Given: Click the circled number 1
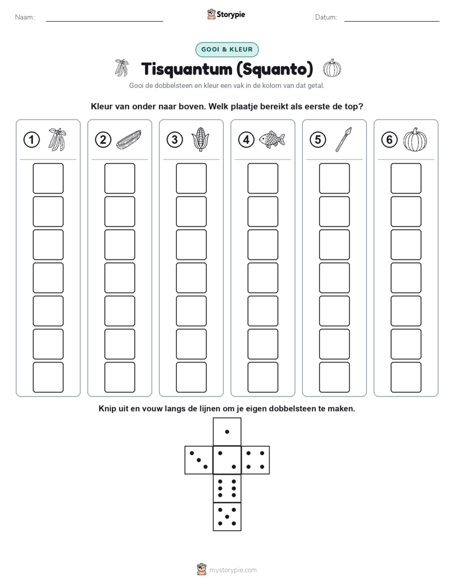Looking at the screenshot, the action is coord(31,140).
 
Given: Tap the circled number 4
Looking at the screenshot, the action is coord(246,140).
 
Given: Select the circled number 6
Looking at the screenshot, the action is coord(389,140).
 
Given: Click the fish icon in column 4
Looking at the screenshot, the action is coord(272,139).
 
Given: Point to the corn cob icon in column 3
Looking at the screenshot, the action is coord(200,139).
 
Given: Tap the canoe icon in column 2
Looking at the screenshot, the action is coord(129,139).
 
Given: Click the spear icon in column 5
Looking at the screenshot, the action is coord(343,139).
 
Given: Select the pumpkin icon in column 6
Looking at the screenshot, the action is coord(415,139).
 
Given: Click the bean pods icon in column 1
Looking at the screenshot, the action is coord(57,139).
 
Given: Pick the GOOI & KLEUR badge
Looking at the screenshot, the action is coord(227,50).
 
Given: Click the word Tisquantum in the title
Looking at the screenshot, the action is coord(186,69).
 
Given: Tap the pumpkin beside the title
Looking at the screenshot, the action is coord(333,68).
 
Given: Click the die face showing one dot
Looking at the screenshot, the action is coord(227,432).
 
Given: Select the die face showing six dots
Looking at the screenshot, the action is coord(227,488).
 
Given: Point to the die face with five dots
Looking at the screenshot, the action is coord(227,517).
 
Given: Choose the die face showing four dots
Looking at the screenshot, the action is coord(256,460).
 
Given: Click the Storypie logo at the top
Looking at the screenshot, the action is coord(226,15).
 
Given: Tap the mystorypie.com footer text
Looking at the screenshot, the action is coord(233,570).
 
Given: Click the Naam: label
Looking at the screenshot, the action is coord(25,17).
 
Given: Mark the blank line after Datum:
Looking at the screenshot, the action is coord(392,21).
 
